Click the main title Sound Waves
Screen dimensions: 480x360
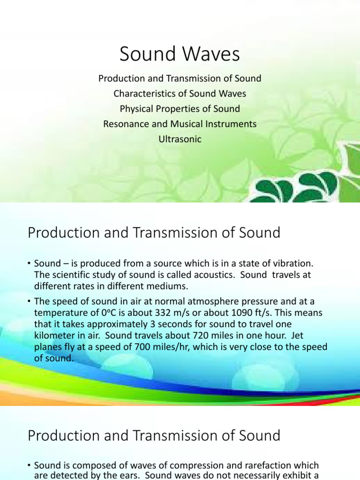pos(180,54)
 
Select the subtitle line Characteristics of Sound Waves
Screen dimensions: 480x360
pos(180,93)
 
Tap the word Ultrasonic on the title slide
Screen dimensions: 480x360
pos(180,139)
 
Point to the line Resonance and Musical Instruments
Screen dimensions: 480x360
pos(180,124)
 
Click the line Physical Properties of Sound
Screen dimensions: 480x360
pos(180,109)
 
